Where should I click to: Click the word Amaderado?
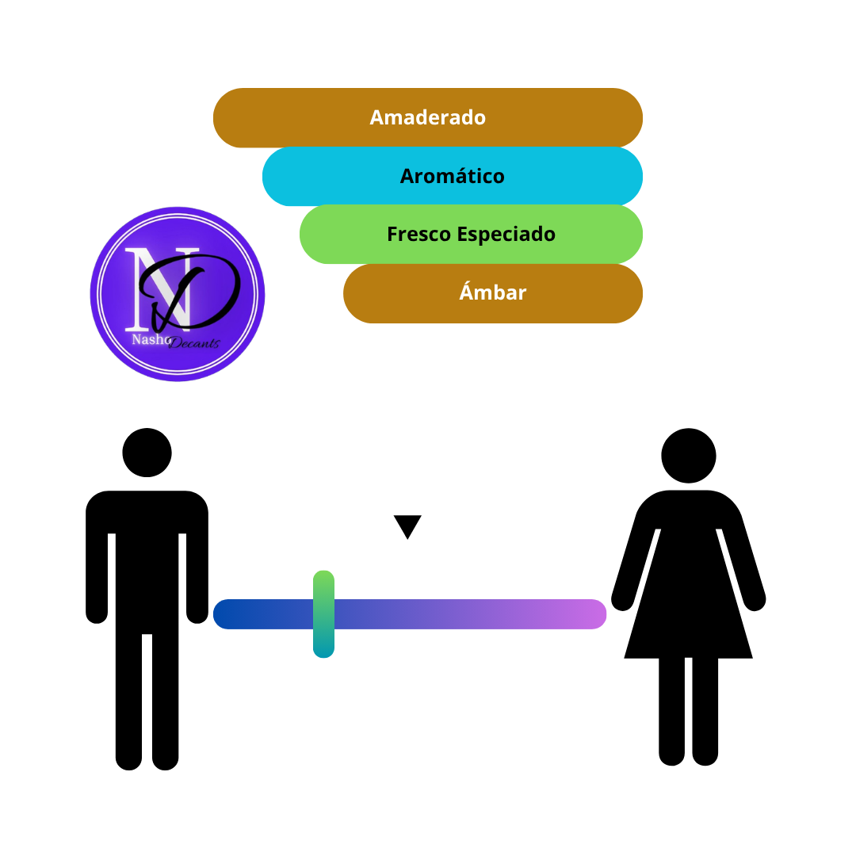427,117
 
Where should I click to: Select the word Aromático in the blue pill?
452,176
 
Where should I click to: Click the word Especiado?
506,235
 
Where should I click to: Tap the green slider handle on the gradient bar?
323,614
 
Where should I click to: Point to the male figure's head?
147,453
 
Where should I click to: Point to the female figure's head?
689,455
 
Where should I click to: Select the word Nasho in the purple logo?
151,339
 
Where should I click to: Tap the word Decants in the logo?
194,343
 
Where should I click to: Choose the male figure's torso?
147,562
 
